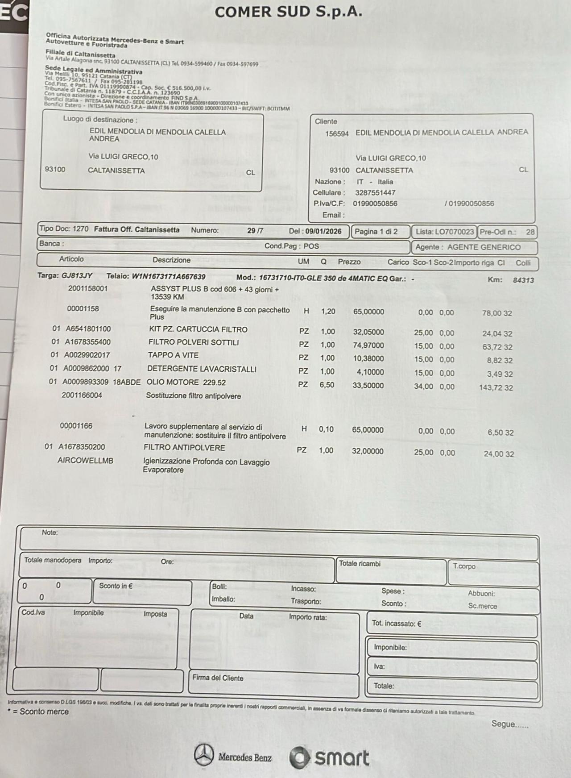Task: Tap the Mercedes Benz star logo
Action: pos(204,754)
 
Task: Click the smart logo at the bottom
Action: pos(330,757)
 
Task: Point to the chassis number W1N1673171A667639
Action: pos(168,276)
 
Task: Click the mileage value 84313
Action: pos(523,280)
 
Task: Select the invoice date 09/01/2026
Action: pos(323,231)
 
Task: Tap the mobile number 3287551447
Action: pos(375,193)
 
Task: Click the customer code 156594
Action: pos(337,133)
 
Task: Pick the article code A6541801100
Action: pos(88,329)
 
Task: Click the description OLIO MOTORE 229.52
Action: pos(186,383)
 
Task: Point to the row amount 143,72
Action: pos(491,387)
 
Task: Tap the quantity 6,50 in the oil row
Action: pos(327,385)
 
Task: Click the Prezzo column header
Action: pos(349,262)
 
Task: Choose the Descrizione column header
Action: pos(171,260)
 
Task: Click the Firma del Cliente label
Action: pos(218,678)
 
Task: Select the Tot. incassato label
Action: pos(396,624)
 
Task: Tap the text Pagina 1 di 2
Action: pos(376,232)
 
